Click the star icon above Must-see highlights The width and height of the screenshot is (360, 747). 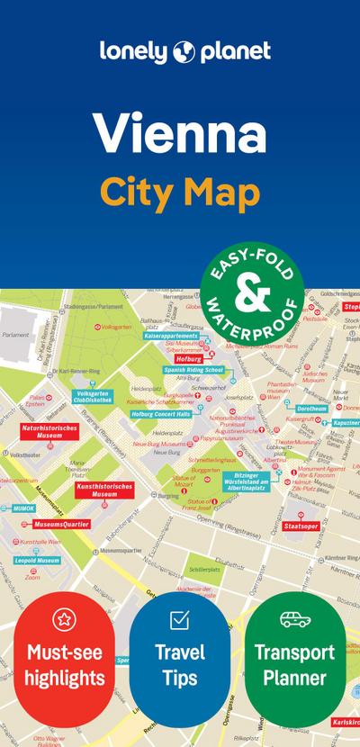click(64, 618)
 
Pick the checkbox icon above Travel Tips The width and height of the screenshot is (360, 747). click(179, 619)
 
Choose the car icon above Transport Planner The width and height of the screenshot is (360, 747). click(294, 619)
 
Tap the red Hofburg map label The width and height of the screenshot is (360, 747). click(188, 358)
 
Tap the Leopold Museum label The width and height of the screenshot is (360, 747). click(37, 560)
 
